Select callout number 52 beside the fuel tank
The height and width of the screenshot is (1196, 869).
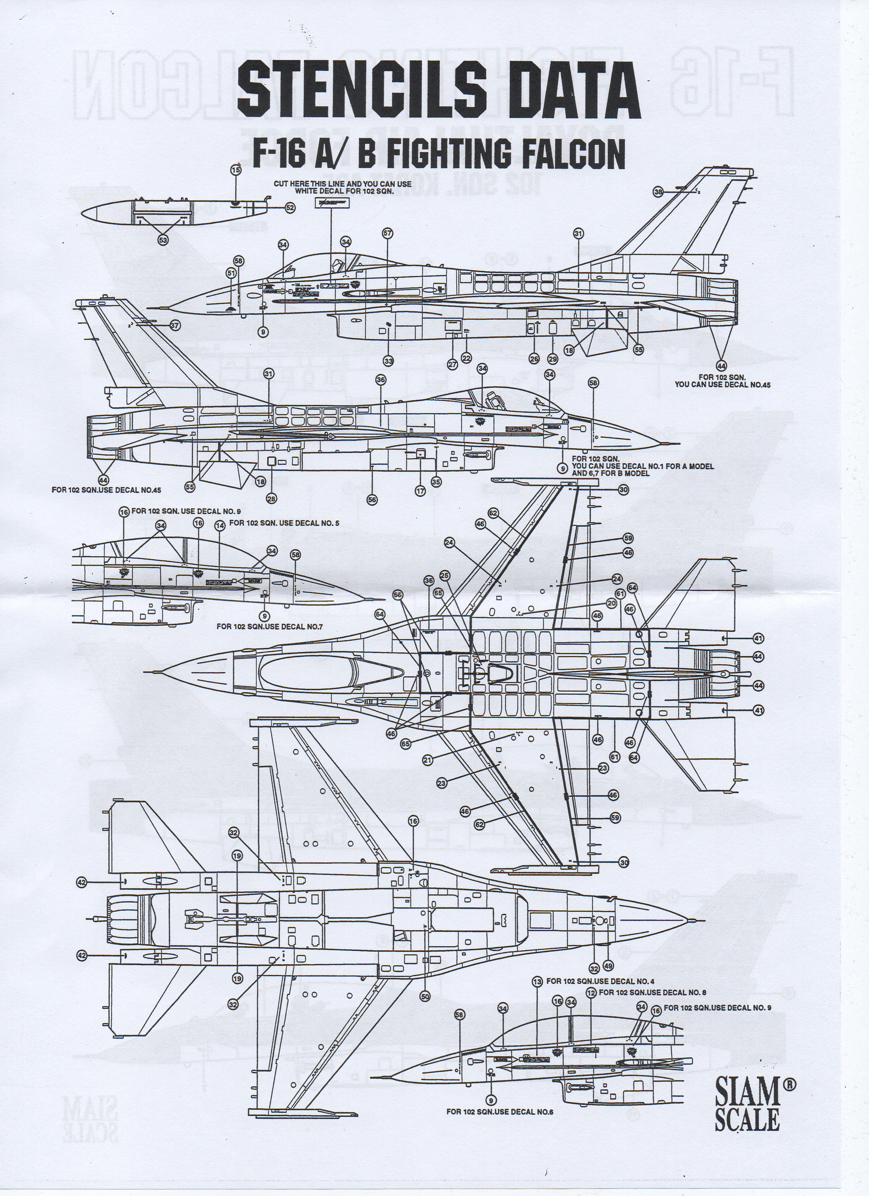pyautogui.click(x=289, y=208)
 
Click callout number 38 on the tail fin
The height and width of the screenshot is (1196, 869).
pyautogui.click(x=658, y=193)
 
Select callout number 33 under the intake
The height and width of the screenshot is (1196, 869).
pyautogui.click(x=388, y=361)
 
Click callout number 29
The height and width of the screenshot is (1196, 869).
pyautogui.click(x=552, y=359)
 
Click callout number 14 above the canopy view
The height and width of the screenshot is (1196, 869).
pyautogui.click(x=220, y=526)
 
